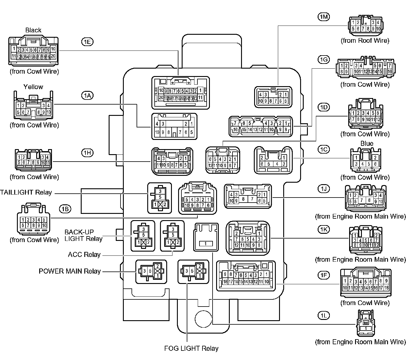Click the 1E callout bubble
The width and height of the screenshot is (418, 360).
tap(87, 42)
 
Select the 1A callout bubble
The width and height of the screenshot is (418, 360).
tap(87, 95)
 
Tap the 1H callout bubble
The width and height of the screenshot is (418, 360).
tap(87, 153)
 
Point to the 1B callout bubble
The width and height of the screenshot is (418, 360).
tap(65, 209)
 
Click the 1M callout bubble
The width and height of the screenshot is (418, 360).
tap(324, 17)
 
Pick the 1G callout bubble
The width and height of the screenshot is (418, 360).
tap(324, 60)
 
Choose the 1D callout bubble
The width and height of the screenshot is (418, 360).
tap(324, 107)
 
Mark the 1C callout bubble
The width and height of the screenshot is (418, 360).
tap(324, 149)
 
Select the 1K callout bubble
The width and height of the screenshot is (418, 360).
tap(324, 229)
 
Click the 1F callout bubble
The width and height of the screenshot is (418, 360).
tap(324, 275)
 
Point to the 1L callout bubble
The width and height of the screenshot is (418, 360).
tap(324, 315)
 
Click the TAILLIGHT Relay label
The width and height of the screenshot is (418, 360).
tap(26, 192)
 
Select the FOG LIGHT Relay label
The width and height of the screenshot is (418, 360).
tap(191, 348)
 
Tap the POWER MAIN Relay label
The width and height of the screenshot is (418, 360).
tap(70, 271)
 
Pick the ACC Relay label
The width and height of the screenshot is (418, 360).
tap(84, 255)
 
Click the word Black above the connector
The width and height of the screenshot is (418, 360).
tap(33, 30)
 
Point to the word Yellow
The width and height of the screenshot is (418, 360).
tap(33, 87)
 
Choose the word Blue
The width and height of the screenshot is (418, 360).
tap(367, 143)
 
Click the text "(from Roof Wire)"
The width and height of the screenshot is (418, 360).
tap(365, 41)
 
